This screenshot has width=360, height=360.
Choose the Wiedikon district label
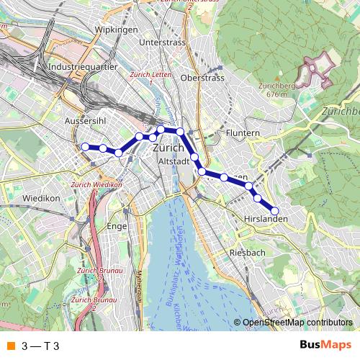click(x=41, y=197)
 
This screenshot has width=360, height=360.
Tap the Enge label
click(x=116, y=225)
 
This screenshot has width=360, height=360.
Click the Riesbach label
click(x=247, y=253)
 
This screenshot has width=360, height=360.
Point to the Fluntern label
click(x=242, y=133)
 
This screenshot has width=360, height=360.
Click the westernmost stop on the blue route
click(x=86, y=147)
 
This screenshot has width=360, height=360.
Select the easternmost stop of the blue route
click(x=274, y=211)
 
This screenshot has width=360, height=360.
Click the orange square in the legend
click(x=9, y=346)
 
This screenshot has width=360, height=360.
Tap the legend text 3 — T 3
click(x=40, y=346)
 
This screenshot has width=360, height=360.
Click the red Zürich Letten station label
click(x=148, y=75)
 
